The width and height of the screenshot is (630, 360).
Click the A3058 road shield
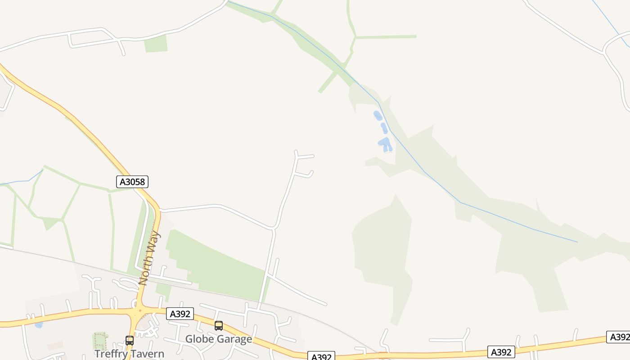tap(132, 182)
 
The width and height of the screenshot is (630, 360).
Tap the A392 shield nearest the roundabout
tap(180, 314)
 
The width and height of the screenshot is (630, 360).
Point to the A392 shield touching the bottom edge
tap(321, 356)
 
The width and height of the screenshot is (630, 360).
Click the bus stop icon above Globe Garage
tap(219, 325)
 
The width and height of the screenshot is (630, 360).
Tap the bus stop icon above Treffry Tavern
tap(130, 340)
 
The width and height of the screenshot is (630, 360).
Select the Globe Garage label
tap(219, 339)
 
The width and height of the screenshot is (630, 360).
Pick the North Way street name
tap(149, 258)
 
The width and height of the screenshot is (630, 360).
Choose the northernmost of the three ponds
tap(378, 116)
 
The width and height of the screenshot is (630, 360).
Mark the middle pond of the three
tap(384, 128)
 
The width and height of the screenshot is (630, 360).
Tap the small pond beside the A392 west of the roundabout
tap(39, 324)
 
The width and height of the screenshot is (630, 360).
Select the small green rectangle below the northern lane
tap(156, 44)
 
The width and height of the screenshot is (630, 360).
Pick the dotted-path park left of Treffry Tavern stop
tap(100, 341)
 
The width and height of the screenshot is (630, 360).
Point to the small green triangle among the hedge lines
tap(50, 223)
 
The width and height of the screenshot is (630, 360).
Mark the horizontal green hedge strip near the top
tap(386, 37)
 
